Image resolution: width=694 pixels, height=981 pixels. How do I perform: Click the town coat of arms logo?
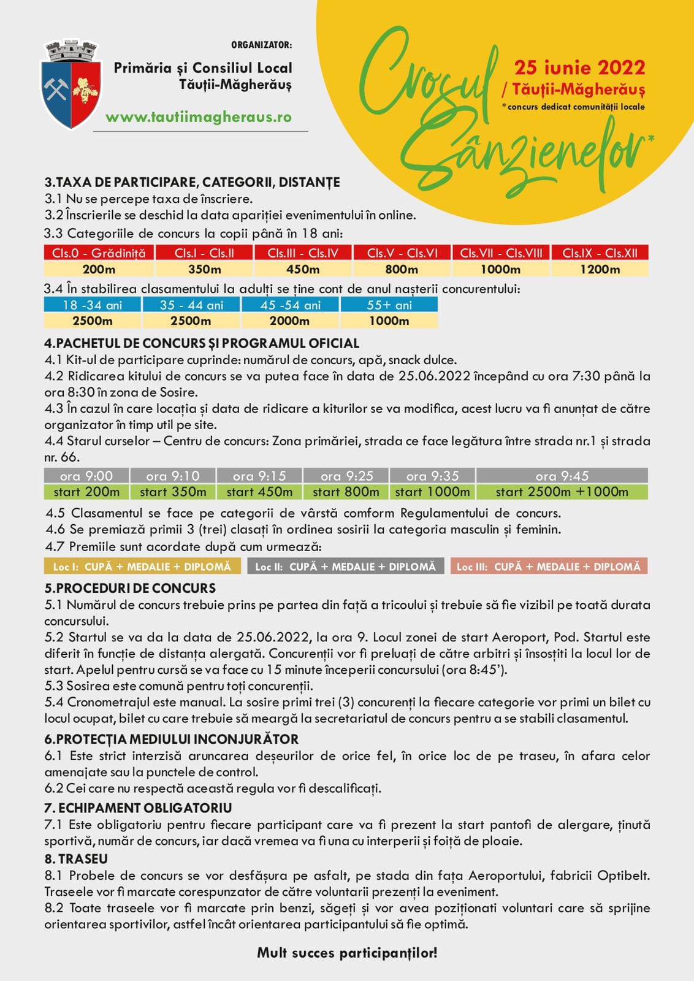[x=71, y=85]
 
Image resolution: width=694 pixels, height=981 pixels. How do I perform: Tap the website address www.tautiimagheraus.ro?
[x=198, y=117]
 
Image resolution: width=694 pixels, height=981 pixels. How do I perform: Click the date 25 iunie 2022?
[x=579, y=67]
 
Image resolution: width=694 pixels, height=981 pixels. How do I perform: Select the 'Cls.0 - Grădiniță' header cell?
[x=99, y=253]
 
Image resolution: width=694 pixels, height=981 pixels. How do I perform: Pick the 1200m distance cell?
[x=600, y=269]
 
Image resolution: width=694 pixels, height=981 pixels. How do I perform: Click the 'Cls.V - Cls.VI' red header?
[x=402, y=253]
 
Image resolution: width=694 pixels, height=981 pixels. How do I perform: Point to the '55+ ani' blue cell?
[x=389, y=305]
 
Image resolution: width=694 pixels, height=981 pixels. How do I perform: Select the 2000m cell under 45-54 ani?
[x=289, y=321]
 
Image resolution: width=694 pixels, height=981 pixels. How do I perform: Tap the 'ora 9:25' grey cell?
[x=346, y=476]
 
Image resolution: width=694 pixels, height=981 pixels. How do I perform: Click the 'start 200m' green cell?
[x=86, y=492]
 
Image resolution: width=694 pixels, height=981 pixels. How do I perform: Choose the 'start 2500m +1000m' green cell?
[x=562, y=492]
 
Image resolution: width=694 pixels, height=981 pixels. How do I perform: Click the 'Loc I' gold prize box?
[x=142, y=567]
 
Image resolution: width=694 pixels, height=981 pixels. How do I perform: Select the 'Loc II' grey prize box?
[x=345, y=567]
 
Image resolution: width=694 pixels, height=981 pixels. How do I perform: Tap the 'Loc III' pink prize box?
[x=548, y=567]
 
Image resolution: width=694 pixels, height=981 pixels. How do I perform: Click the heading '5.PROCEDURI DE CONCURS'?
[x=130, y=588]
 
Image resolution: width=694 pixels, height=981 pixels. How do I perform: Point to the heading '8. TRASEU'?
[x=76, y=859]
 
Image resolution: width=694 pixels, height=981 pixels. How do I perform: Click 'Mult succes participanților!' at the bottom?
[x=347, y=953]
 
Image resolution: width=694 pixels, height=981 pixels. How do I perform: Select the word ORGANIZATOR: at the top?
[x=261, y=45]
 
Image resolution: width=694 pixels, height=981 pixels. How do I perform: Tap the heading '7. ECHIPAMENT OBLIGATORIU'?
[x=138, y=808]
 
